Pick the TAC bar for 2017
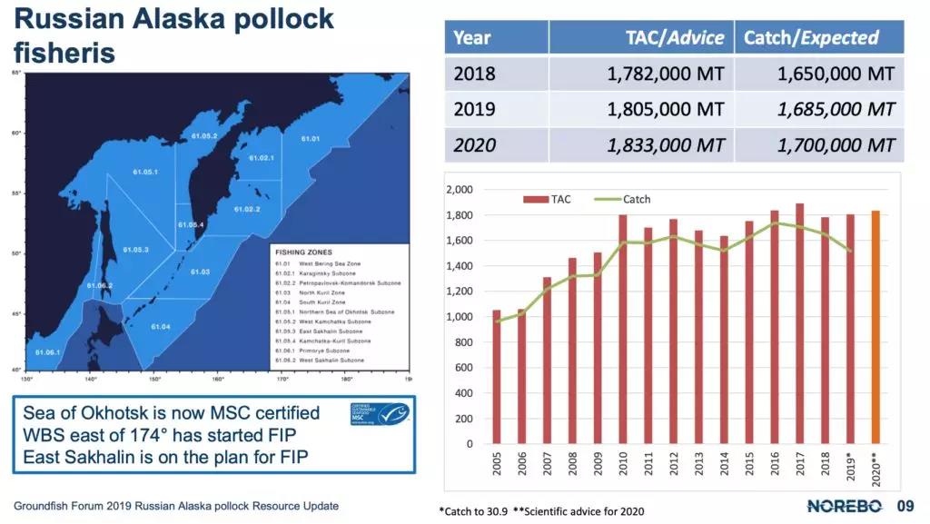pyautogui.click(x=799, y=323)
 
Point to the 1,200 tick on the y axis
pyautogui.click(x=460, y=292)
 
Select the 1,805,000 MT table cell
pyautogui.click(x=666, y=109)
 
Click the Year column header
pyautogui.click(x=472, y=38)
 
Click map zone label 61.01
pyautogui.click(x=311, y=139)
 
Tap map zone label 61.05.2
pyautogui.click(x=203, y=135)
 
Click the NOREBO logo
pyautogui.click(x=844, y=506)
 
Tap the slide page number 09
pyautogui.click(x=905, y=506)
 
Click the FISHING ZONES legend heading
pyautogui.click(x=304, y=252)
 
